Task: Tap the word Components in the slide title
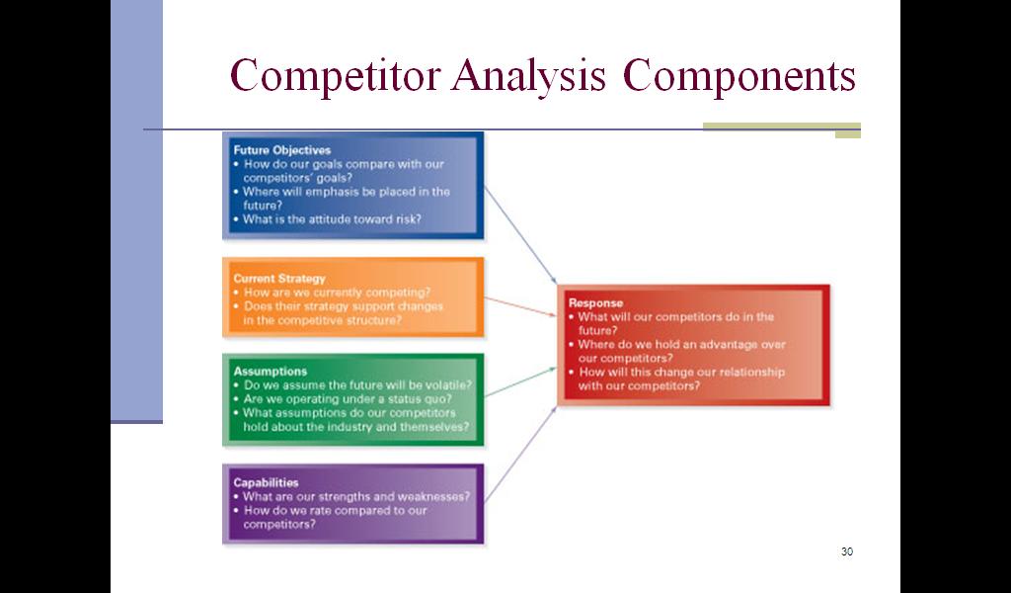(739, 75)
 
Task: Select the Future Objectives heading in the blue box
(282, 150)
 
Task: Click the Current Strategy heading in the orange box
(279, 279)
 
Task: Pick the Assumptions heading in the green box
(271, 372)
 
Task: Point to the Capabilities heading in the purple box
(267, 483)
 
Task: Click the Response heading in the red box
(596, 303)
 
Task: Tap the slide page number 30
(846, 551)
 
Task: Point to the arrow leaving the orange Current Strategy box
(520, 307)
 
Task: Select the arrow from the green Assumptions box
(520, 381)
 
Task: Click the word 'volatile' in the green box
(450, 385)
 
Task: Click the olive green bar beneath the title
(781, 127)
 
